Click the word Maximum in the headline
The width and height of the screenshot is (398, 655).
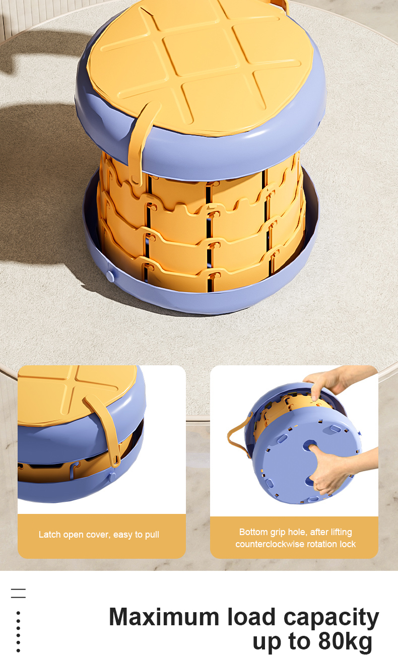[164, 617]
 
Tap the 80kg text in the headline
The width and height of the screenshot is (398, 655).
[345, 641]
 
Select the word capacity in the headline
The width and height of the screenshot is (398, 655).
[331, 618]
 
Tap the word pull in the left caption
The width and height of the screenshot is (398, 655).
[152, 535]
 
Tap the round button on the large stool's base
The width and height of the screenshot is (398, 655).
[111, 276]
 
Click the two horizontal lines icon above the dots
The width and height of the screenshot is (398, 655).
[19, 594]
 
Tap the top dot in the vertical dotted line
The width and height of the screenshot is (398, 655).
[18, 613]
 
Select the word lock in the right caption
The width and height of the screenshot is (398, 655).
[348, 544]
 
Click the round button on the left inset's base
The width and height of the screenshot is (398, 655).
[112, 477]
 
